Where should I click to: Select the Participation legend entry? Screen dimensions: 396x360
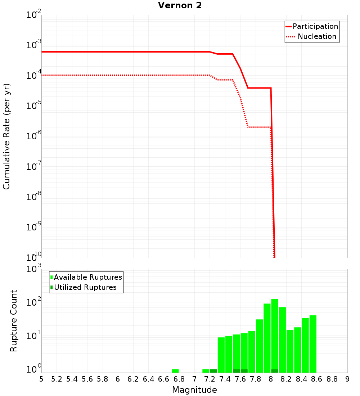pyautogui.click(x=315, y=26)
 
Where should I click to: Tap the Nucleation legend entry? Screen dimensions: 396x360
pyautogui.click(x=316, y=36)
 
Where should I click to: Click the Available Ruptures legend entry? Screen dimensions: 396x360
pyautogui.click(x=88, y=277)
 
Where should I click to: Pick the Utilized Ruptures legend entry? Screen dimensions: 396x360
pyautogui.click(x=85, y=287)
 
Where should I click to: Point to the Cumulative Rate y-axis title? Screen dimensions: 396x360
pyautogui.click(x=6, y=136)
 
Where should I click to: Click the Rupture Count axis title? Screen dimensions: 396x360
pyautogui.click(x=14, y=321)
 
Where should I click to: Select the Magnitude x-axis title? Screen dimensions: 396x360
pyautogui.click(x=194, y=390)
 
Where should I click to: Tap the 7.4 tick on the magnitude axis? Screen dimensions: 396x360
pyautogui.click(x=225, y=379)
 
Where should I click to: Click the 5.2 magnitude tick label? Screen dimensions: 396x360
pyautogui.click(x=57, y=379)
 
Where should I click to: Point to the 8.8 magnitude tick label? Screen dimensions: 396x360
pyautogui.click(x=332, y=379)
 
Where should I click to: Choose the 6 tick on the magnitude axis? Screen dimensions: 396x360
pyautogui.click(x=118, y=379)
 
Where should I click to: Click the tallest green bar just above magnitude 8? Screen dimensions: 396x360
pyautogui.click(x=275, y=335)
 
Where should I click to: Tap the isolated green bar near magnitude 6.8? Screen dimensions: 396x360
pyautogui.click(x=175, y=371)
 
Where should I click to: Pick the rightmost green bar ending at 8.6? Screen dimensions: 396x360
pyautogui.click(x=313, y=344)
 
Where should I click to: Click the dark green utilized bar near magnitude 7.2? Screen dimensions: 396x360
pyautogui.click(x=213, y=371)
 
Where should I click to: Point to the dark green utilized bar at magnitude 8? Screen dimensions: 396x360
pyautogui.click(x=275, y=371)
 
